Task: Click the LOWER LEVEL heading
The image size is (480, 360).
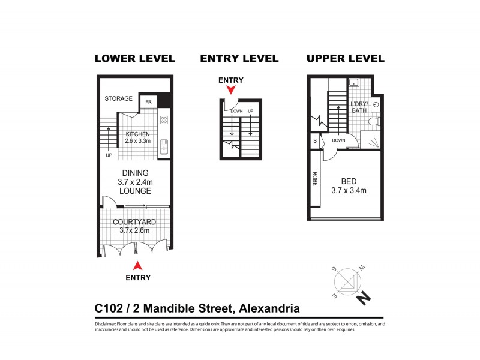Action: click(135, 58)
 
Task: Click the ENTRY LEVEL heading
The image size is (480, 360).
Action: click(239, 58)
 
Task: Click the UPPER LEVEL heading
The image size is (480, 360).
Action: click(345, 58)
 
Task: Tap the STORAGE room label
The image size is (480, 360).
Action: click(119, 98)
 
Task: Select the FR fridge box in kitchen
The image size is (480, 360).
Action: click(148, 101)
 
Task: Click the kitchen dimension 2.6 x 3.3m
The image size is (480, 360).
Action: click(137, 141)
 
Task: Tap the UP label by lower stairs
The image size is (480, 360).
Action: click(109, 155)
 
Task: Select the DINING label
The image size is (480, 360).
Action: click(135, 173)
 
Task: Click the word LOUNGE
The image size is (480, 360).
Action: click(135, 191)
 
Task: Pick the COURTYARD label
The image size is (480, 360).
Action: click(135, 222)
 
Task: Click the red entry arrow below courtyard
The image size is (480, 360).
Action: click(137, 265)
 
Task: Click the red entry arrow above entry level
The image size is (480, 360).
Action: click(230, 90)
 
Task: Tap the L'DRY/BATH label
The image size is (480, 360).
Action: click(359, 107)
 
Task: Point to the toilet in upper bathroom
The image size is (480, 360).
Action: click(373, 122)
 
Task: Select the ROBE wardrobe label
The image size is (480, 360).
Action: click(314, 179)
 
